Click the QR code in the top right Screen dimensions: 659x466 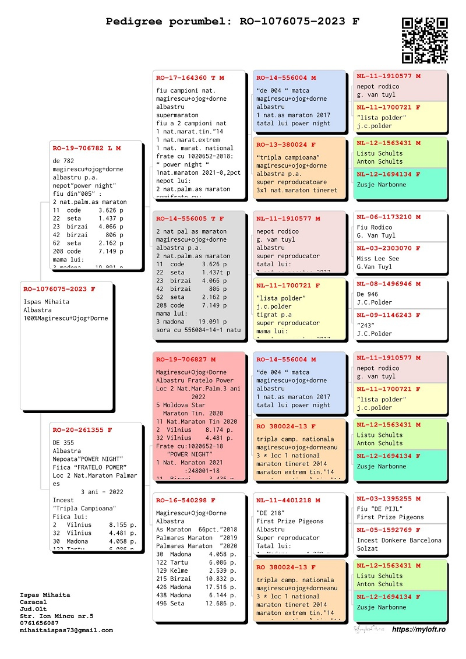425,40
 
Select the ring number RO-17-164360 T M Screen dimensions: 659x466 190,77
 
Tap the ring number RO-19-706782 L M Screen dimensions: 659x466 87,148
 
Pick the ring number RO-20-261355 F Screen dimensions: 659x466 82,430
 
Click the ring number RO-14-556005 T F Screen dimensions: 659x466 190,219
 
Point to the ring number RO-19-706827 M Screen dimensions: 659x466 186,360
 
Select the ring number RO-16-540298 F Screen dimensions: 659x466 186,501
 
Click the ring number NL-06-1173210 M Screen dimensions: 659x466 389,217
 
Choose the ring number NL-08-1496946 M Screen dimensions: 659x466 389,284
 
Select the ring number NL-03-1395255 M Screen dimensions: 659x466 389,499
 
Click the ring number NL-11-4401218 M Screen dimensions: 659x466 288,501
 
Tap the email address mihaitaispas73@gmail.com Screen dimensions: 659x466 66,630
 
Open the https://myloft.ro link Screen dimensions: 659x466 419,630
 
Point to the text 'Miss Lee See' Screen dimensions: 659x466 378,259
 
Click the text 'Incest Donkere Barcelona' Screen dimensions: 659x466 399,540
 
